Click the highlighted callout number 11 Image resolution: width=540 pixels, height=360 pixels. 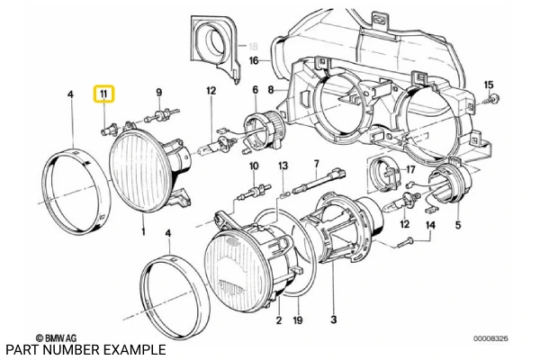click(x=105, y=94)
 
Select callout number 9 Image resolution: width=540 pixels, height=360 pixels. click(x=159, y=93)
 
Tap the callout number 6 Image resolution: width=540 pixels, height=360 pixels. click(x=255, y=90)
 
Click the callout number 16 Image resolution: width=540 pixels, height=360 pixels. click(x=254, y=60)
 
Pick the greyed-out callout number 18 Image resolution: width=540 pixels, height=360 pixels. click(x=254, y=45)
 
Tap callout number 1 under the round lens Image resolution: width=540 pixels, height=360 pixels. click(x=142, y=232)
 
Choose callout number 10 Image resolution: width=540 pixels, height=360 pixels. click(x=254, y=166)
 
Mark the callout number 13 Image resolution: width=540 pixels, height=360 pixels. click(x=283, y=166)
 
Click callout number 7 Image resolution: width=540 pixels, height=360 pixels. click(x=316, y=164)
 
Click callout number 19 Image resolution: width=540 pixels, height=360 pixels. click(x=298, y=319)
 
